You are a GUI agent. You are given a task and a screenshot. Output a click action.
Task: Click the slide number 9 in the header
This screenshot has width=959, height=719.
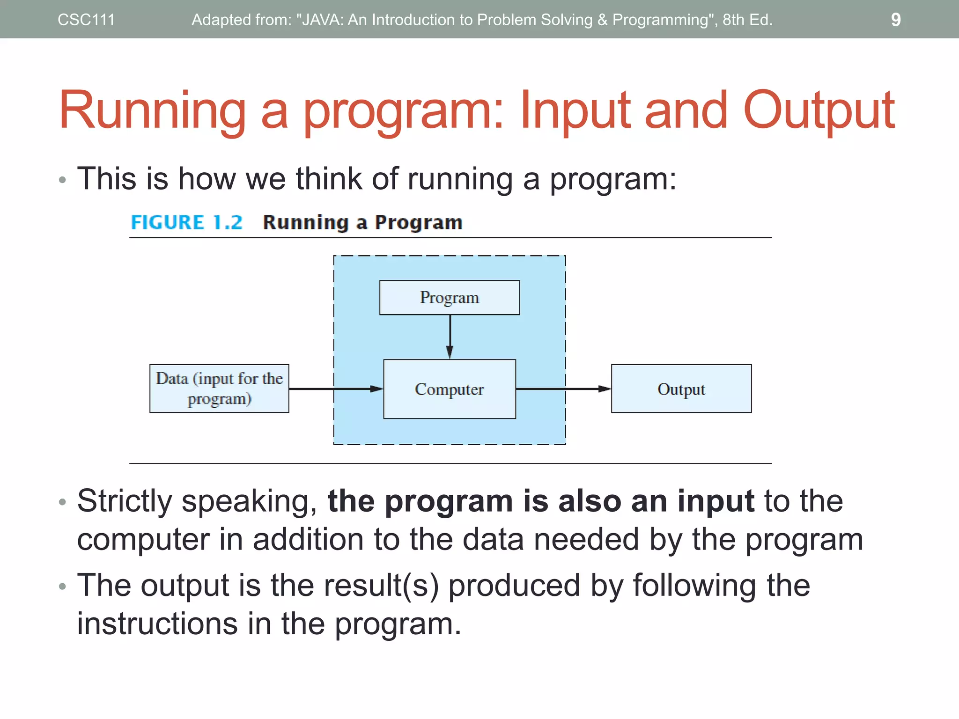[895, 20]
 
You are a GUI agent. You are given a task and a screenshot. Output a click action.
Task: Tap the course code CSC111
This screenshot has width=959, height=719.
[86, 20]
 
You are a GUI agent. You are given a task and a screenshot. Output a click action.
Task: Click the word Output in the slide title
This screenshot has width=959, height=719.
[819, 110]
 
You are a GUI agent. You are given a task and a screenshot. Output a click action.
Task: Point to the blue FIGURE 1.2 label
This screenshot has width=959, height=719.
[186, 222]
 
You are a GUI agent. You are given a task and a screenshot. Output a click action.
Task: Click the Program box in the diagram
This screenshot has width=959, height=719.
[450, 298]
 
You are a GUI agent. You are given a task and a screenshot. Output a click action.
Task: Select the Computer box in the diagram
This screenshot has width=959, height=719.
[450, 389]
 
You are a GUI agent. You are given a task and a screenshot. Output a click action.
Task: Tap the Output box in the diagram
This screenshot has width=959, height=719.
[681, 389]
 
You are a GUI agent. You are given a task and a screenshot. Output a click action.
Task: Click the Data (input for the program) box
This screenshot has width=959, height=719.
[219, 389]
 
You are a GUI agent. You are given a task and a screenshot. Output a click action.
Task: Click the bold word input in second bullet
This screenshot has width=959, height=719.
[716, 501]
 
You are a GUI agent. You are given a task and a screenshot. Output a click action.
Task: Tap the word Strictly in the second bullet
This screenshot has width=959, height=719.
[125, 501]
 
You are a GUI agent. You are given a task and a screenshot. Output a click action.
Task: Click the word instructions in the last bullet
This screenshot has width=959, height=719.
[157, 624]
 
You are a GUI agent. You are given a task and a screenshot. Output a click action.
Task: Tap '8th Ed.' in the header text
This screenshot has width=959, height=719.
[747, 20]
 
